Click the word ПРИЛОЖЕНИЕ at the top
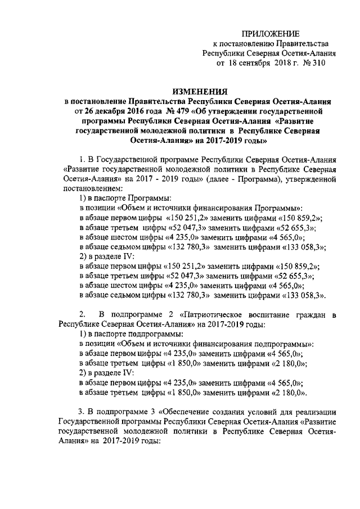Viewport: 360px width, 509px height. [271, 35]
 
